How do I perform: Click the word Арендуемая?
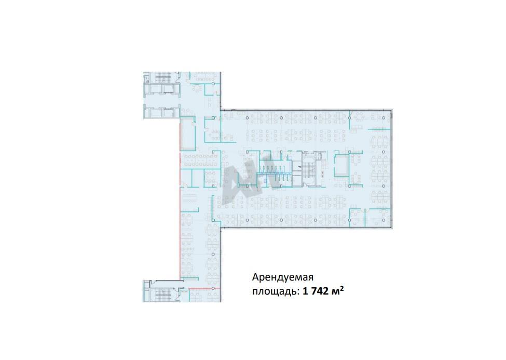pos(283,277)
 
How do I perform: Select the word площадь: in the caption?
pos(276,291)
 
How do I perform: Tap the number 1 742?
pos(316,291)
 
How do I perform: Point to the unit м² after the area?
pos(337,291)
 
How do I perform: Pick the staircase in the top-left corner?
pos(163,78)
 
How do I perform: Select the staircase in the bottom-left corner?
pos(163,294)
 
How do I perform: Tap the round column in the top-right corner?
pos(384,118)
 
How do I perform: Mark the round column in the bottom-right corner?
pos(384,220)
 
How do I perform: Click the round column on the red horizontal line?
pos(213,288)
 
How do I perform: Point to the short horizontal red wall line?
pos(204,288)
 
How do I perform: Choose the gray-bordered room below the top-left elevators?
pos(187,134)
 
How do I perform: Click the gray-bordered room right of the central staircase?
pos(341,166)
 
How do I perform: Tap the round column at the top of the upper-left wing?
pos(213,84)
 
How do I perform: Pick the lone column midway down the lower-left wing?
pos(213,255)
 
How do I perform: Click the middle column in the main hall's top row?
pos(316,118)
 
